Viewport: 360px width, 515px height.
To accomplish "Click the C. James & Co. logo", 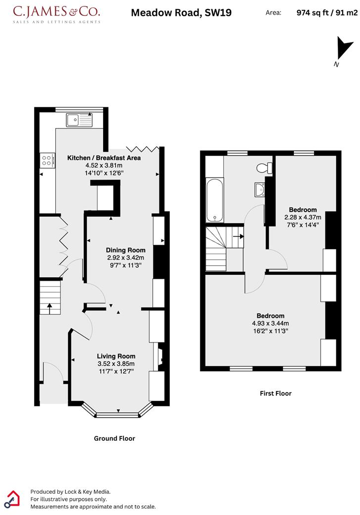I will pos(56,14).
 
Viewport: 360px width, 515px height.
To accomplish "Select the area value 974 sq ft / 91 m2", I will pos(326,13).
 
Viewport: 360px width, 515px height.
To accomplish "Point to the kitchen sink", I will pos(79,119).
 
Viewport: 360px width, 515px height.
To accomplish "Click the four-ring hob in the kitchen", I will pos(47,160).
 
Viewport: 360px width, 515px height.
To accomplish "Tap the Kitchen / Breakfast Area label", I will pos(104,158).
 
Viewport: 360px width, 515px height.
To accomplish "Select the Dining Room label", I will pos(126,250).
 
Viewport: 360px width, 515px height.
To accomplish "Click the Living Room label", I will pos(116,356).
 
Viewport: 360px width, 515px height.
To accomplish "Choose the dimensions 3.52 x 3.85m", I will pos(116,363).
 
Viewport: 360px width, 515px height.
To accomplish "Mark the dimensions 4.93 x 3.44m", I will pos(270,323).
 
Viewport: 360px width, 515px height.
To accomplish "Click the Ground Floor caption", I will pos(114,438).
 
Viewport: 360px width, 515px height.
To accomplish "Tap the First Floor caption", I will pos(276,393).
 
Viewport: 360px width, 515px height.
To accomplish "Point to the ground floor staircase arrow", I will pos(49,306).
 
